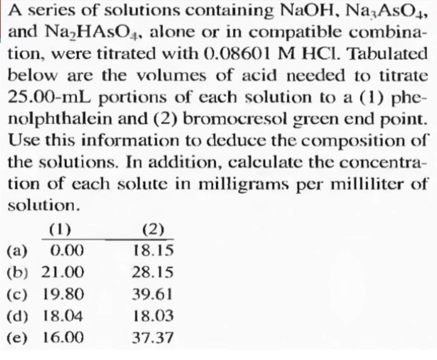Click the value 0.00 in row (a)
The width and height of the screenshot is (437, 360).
(x=67, y=251)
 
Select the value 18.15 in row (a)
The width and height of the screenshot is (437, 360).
(x=153, y=250)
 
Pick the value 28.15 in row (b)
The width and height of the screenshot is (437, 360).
(x=153, y=272)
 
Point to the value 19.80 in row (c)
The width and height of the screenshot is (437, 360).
(x=64, y=294)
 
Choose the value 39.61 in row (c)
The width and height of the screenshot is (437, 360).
(x=152, y=294)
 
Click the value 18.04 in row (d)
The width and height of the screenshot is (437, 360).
(x=63, y=316)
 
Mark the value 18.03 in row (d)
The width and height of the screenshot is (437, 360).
(x=153, y=316)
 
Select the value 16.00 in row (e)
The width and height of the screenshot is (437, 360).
(x=64, y=337)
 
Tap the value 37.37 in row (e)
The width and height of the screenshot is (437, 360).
(x=153, y=337)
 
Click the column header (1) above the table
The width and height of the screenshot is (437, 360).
(x=60, y=229)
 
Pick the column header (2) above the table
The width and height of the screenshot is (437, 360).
(x=153, y=229)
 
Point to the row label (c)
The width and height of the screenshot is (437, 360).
(x=17, y=294)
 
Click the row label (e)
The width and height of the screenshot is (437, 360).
(x=17, y=337)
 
